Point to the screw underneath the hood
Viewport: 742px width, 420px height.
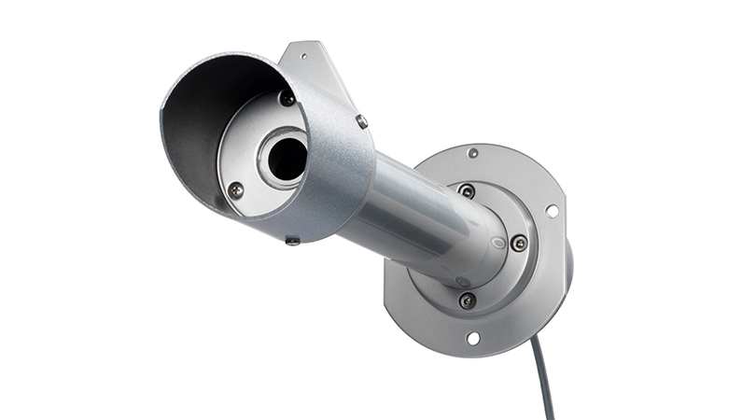tap(292, 242)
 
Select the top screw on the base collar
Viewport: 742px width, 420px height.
tap(466, 191)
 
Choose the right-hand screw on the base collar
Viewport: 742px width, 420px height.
tap(519, 243)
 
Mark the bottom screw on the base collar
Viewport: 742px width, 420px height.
tap(467, 300)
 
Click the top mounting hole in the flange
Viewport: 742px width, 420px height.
tap(473, 152)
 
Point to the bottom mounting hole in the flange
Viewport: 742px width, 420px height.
tap(473, 337)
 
